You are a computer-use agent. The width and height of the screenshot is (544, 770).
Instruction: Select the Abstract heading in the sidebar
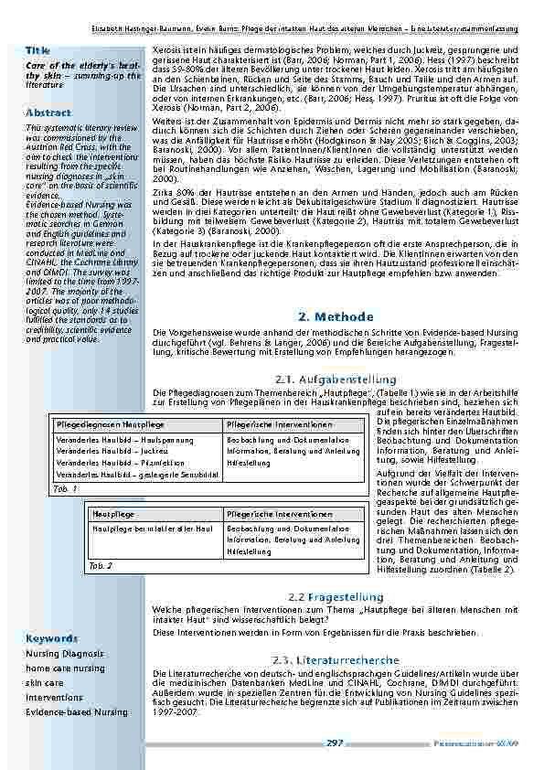(48, 112)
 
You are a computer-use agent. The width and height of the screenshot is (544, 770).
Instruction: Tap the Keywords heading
(52, 637)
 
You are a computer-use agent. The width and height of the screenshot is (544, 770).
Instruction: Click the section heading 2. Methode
(336, 316)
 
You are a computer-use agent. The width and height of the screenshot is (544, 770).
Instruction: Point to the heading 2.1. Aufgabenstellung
(336, 379)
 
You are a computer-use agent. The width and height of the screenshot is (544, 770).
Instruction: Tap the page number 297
(335, 743)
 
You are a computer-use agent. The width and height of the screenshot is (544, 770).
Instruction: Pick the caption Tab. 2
(100, 565)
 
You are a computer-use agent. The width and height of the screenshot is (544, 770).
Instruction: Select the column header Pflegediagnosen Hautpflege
(112, 425)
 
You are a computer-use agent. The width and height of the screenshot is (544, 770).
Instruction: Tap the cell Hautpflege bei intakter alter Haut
(152, 529)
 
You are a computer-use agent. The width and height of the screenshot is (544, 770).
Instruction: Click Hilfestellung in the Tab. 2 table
(249, 552)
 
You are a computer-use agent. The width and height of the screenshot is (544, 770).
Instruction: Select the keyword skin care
(45, 683)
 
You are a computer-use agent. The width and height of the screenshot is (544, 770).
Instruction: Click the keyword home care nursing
(65, 668)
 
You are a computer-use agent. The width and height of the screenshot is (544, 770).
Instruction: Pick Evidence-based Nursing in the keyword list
(77, 711)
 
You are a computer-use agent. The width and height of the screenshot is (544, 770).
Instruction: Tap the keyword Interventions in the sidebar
(54, 697)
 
